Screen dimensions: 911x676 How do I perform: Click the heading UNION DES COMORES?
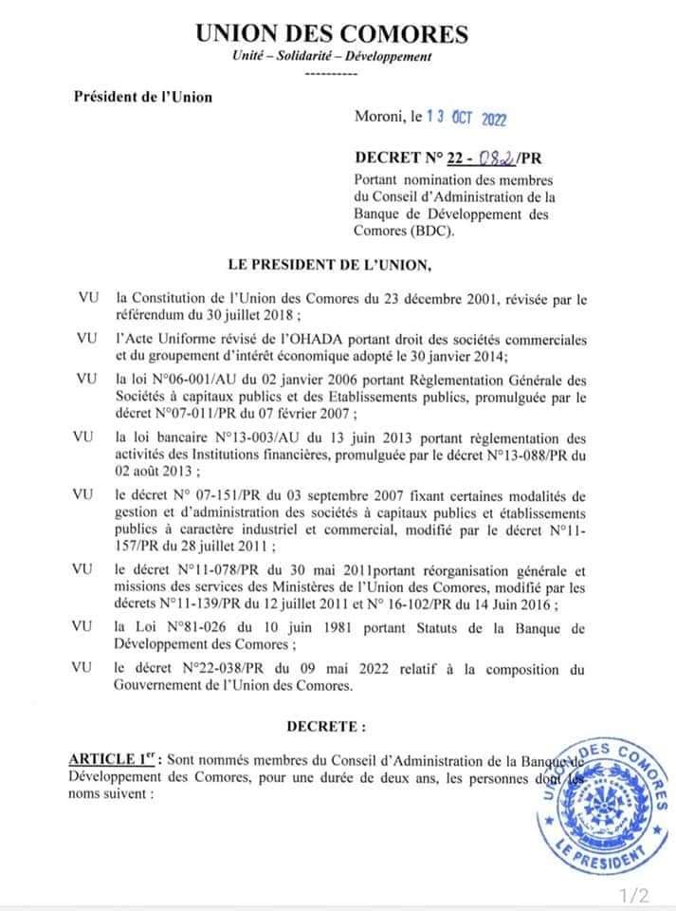tap(332, 35)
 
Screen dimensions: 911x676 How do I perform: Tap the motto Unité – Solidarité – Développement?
tap(332, 57)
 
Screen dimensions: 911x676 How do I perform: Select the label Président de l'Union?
tap(143, 96)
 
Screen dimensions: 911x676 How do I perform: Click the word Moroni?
tap(377, 119)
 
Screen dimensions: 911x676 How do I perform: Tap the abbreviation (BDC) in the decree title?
tap(432, 231)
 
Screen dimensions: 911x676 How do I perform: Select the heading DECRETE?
tap(325, 727)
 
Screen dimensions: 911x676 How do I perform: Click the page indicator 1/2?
tap(634, 894)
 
